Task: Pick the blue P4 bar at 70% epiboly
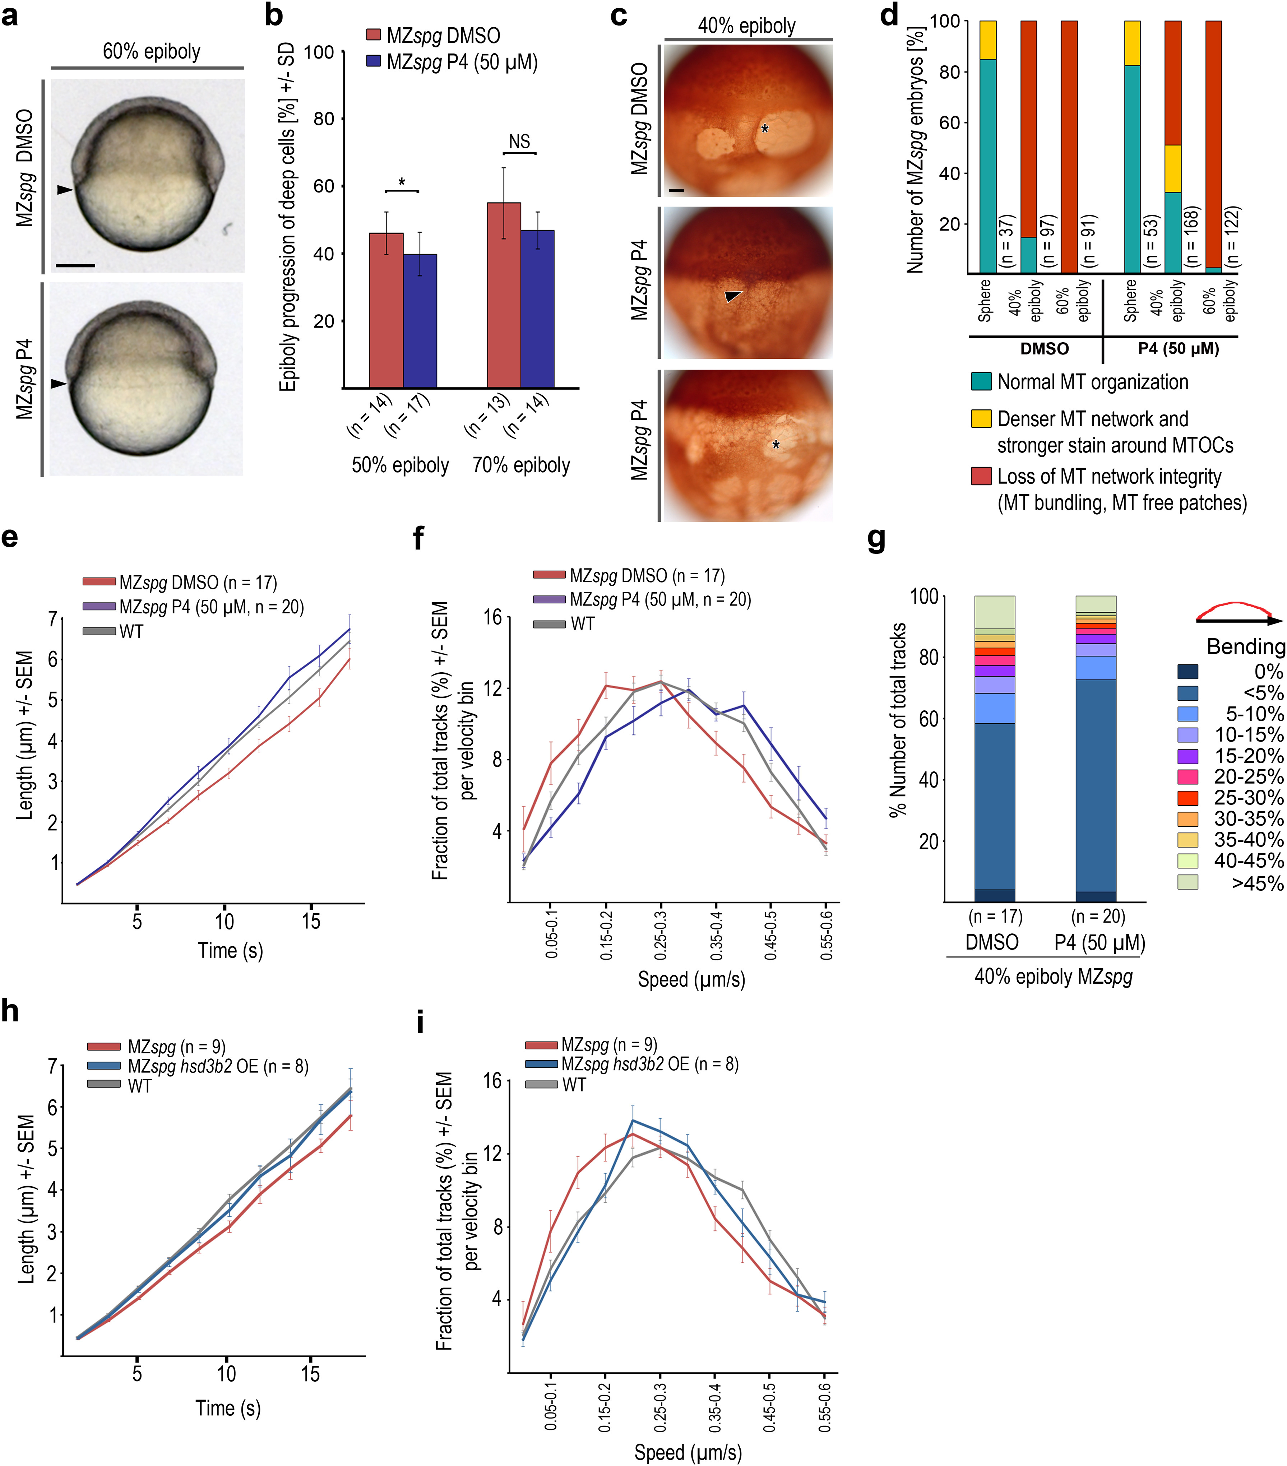pyautogui.click(x=537, y=308)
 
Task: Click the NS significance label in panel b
pyautogui.click(x=519, y=141)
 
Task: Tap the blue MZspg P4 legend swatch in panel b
pyautogui.click(x=373, y=62)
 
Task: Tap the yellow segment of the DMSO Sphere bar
pyautogui.click(x=988, y=40)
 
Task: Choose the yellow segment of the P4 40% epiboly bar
pyautogui.click(x=1173, y=168)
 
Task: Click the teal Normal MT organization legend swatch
pyautogui.click(x=981, y=381)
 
